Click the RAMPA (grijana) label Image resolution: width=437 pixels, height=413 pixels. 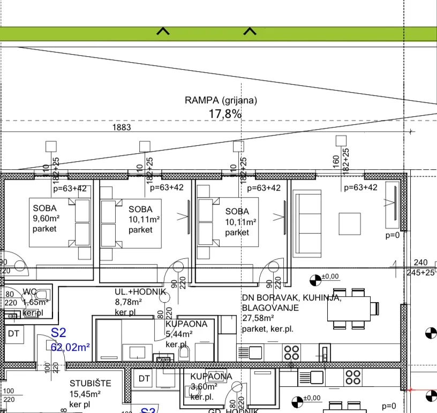coord(221,100)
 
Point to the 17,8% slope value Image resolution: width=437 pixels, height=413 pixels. coord(224,114)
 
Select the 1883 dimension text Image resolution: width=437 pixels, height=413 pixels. coord(121,127)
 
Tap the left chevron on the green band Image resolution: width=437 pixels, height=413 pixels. coord(163,32)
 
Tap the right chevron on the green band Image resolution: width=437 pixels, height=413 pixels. coord(250,32)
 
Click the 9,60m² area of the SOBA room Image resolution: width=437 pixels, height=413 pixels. coord(45,219)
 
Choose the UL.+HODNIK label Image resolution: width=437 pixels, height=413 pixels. coord(140,291)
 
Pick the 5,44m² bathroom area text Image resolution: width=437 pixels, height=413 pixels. coord(179,334)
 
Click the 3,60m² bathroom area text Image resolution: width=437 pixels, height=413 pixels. coord(204,386)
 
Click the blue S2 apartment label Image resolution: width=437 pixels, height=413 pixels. coord(58,334)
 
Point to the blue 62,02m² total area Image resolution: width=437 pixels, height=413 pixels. coord(70,347)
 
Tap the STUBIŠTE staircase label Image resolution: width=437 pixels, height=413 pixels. coord(91,384)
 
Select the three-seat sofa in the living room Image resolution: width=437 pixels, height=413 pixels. coord(306,217)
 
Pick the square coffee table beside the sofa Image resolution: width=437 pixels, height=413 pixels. coord(349,223)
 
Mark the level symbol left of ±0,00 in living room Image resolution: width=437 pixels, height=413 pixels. coord(315,279)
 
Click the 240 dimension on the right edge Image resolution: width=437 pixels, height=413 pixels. coord(421,262)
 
